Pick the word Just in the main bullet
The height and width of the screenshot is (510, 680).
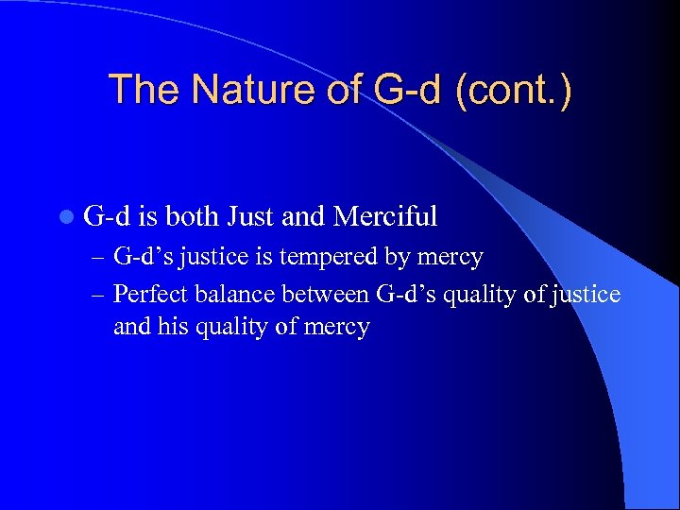(x=251, y=217)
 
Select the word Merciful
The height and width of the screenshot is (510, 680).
(x=385, y=217)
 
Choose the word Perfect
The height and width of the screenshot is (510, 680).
(x=149, y=295)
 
